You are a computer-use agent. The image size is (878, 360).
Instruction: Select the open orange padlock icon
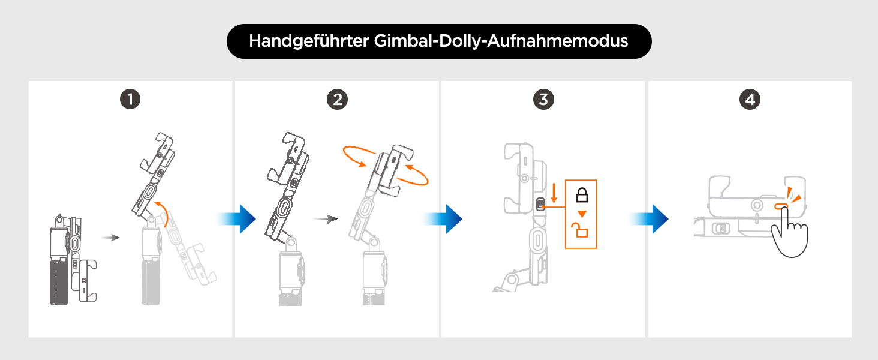point(582,230)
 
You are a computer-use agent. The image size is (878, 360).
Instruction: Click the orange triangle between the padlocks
point(582,213)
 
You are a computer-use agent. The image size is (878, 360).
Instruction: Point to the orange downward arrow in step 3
point(554,193)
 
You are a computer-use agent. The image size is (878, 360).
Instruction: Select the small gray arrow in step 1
point(110,238)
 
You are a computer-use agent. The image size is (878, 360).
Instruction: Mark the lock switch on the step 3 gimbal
point(540,205)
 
